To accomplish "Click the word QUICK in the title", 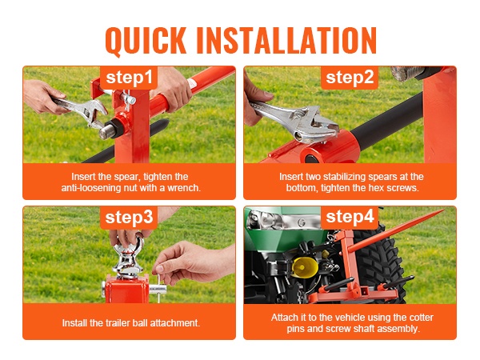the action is point(146,42).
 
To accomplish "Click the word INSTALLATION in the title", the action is point(286,41).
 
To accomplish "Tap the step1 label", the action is point(129,78).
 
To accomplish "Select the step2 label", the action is point(350,77).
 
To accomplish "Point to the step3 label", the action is point(129,218).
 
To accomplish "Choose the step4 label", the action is point(350,217).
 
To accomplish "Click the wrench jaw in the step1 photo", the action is point(94,114).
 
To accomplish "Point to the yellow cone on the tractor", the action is point(304,267).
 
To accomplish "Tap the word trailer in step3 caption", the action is point(118,323).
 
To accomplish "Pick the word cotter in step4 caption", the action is point(422,317).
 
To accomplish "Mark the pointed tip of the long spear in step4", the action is point(443,210).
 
